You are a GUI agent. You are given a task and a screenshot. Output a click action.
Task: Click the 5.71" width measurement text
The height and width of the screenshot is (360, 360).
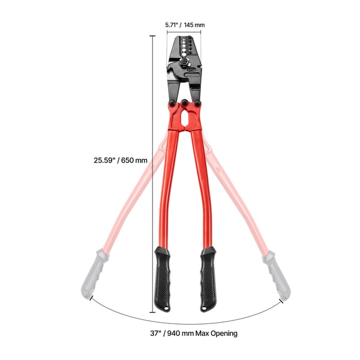click(x=172, y=25)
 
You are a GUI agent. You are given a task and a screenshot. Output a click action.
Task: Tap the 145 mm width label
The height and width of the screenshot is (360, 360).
click(x=194, y=25)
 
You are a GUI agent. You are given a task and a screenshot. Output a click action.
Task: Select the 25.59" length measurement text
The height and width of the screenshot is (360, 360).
click(x=104, y=160)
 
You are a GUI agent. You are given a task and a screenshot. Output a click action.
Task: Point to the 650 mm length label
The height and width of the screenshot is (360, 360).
click(x=134, y=160)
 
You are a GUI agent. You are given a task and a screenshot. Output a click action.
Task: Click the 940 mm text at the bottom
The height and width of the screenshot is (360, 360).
click(x=181, y=333)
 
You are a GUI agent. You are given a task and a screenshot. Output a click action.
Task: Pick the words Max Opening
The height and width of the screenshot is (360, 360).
click(x=216, y=334)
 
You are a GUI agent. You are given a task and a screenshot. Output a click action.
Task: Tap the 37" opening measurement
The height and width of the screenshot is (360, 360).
click(x=155, y=333)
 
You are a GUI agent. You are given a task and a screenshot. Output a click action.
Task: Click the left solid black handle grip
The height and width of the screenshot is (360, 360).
click(x=163, y=279)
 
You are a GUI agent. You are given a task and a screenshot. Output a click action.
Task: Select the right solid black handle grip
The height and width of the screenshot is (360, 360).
click(x=208, y=279)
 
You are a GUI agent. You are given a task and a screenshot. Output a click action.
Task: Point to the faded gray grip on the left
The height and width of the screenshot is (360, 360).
click(x=95, y=274)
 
